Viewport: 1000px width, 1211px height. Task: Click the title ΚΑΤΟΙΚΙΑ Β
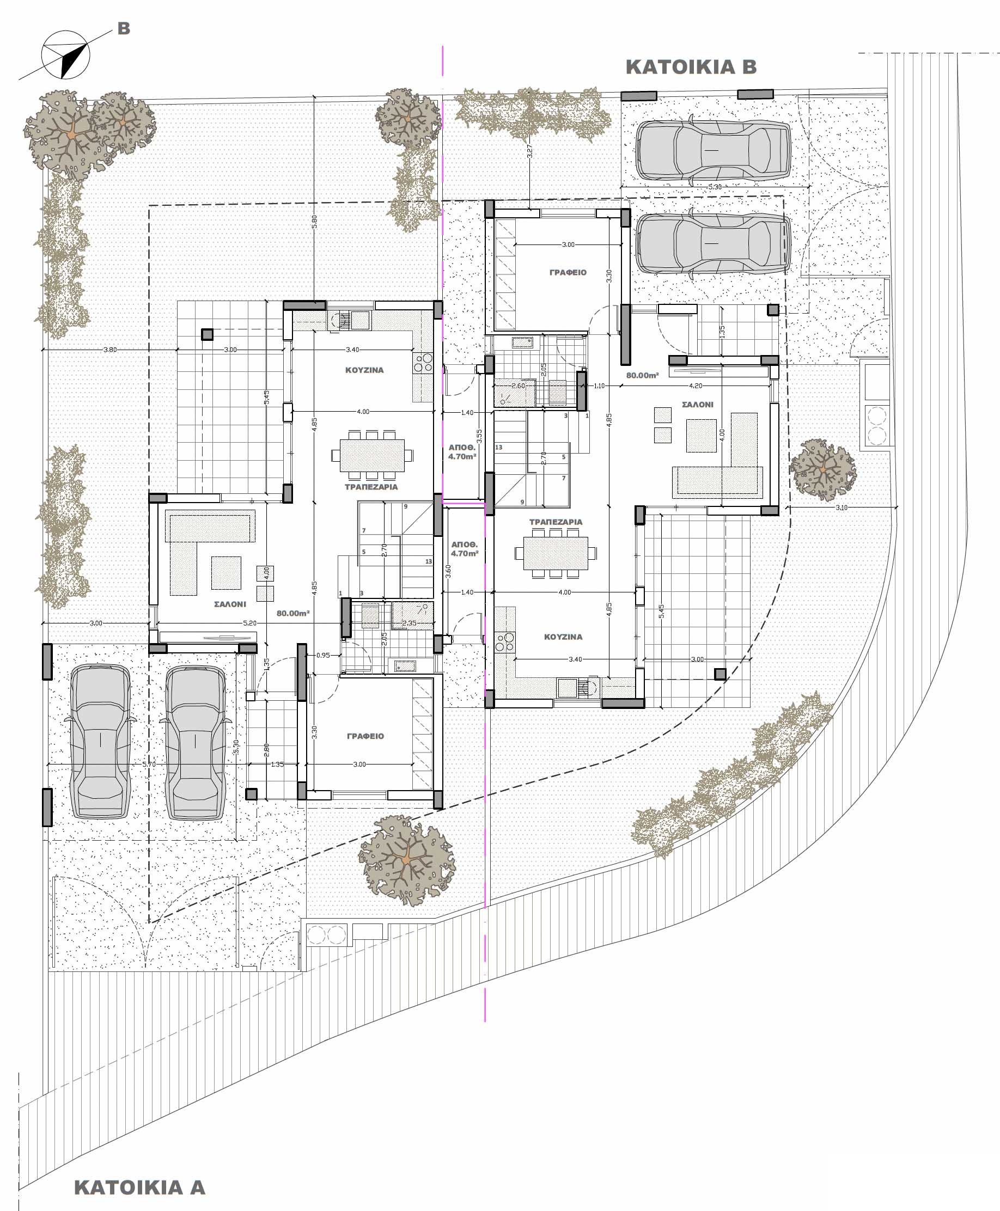(x=691, y=67)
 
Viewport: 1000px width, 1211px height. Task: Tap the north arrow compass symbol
(x=66, y=54)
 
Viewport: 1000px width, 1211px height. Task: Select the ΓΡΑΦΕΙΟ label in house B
(x=568, y=272)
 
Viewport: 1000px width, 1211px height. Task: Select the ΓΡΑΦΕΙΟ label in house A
(x=365, y=736)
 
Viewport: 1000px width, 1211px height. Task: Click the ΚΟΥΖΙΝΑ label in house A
(x=364, y=370)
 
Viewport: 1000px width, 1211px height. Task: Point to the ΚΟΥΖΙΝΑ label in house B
(x=563, y=637)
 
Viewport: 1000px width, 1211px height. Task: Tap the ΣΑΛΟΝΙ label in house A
(x=230, y=604)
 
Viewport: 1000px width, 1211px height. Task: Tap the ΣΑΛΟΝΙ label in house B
(x=697, y=405)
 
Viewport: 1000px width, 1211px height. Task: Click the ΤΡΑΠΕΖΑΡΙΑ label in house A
(x=371, y=487)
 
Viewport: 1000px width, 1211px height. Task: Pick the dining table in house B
(x=556, y=553)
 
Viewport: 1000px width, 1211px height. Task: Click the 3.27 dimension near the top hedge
(x=530, y=151)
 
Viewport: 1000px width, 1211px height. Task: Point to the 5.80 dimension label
(x=314, y=222)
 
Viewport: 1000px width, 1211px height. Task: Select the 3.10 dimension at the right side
(x=841, y=508)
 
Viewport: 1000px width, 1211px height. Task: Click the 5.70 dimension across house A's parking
(x=149, y=764)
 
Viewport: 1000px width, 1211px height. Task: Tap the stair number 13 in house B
(x=498, y=448)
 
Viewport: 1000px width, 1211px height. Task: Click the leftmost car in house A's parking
(x=100, y=742)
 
